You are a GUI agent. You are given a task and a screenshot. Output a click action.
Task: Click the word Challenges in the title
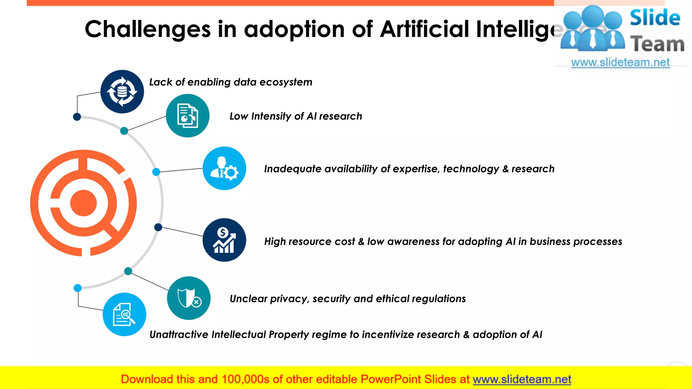(147, 29)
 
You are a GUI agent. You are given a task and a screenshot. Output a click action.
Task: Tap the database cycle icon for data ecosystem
(122, 92)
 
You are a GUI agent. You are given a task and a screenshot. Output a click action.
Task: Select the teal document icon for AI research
(188, 116)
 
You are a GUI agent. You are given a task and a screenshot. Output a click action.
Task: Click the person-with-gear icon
(224, 168)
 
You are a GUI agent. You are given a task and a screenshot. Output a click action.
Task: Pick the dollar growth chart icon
(224, 240)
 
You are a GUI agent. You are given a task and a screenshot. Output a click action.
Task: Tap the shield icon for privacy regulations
(189, 298)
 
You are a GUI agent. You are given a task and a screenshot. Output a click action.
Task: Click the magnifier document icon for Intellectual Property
(124, 314)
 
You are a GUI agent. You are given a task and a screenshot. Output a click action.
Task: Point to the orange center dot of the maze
(83, 203)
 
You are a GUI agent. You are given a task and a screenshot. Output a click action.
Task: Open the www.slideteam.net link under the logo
(620, 62)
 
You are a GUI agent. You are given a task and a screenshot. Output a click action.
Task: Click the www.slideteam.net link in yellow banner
(522, 380)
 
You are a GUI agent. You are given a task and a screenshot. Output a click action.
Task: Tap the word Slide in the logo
(655, 18)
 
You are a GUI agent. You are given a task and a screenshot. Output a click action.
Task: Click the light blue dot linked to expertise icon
(156, 172)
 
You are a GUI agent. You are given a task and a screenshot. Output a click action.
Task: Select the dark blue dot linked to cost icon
(158, 227)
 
